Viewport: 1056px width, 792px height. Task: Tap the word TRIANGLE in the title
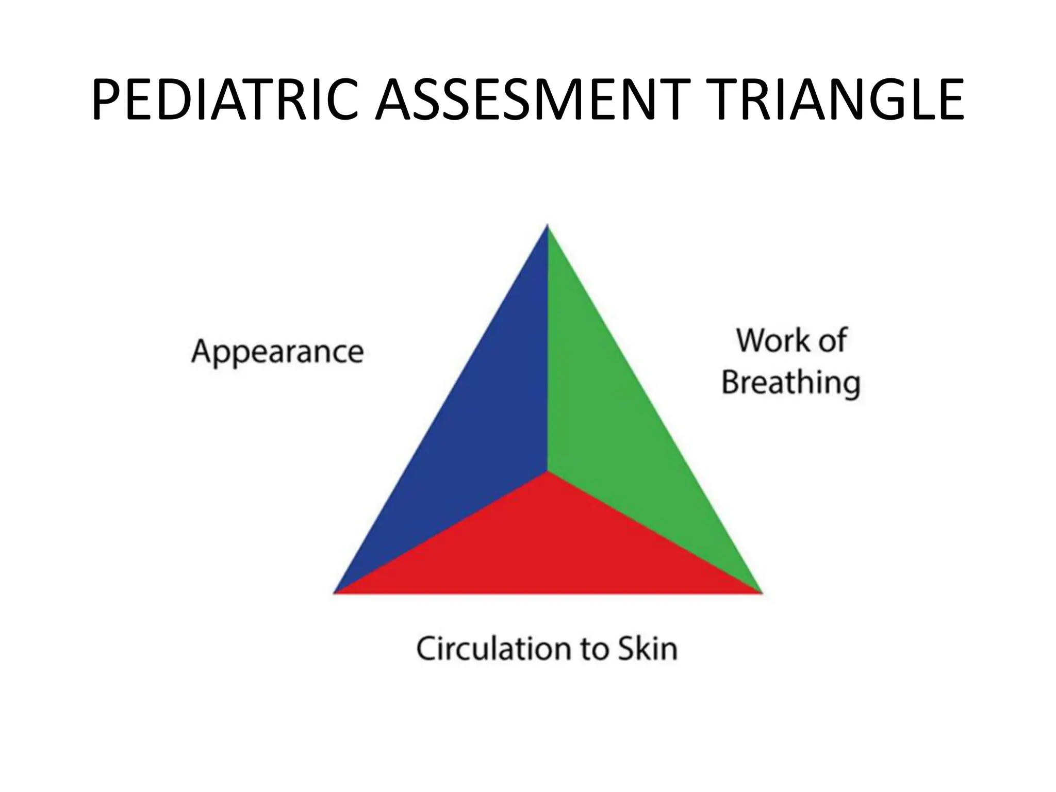[830, 101]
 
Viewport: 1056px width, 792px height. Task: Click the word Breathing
[791, 383]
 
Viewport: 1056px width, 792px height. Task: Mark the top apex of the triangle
[547, 226]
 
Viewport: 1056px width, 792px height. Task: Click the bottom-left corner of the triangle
[335, 592]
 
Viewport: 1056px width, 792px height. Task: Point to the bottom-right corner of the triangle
[760, 592]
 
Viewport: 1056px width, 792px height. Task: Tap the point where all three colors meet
[547, 471]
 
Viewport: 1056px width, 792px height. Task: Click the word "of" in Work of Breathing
[832, 341]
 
